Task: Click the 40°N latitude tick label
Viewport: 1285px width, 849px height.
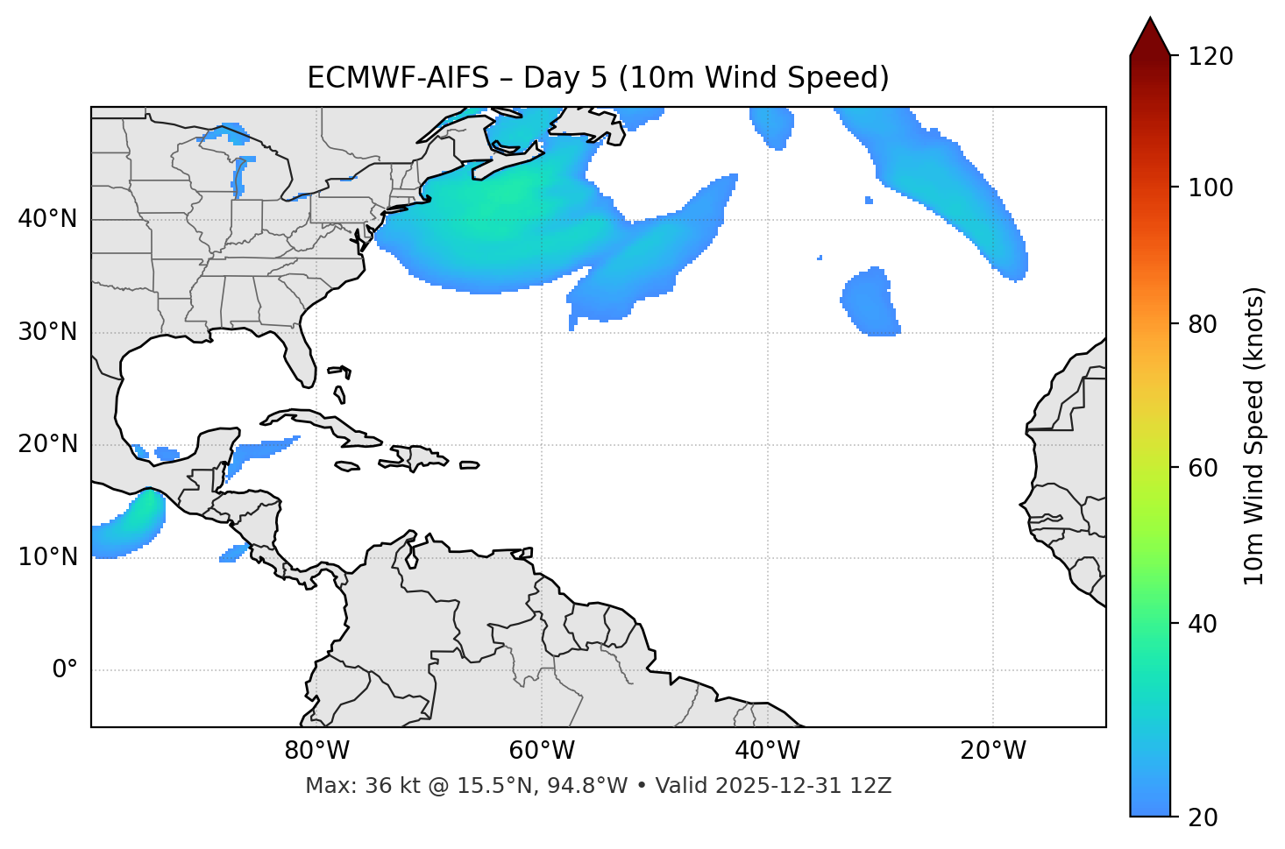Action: click(x=47, y=219)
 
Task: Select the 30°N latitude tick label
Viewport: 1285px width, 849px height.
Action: click(x=47, y=332)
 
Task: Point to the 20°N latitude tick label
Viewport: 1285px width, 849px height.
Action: click(x=47, y=444)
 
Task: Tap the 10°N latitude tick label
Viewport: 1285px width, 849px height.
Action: click(x=47, y=557)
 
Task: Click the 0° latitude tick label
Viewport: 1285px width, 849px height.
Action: click(x=65, y=670)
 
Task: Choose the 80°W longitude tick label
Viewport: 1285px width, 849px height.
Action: click(x=317, y=751)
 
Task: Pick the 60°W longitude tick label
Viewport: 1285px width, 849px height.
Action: click(x=542, y=751)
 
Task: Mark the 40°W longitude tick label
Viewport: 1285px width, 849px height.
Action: click(x=767, y=751)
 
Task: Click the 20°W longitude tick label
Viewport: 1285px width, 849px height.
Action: click(x=993, y=751)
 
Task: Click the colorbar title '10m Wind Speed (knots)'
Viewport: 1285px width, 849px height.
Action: click(x=1254, y=435)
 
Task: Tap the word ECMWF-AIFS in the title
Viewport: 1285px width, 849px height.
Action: click(x=398, y=78)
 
